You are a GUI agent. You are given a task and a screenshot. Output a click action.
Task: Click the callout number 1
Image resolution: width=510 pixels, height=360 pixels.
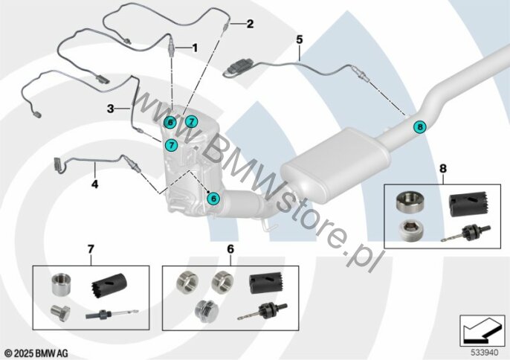(195, 48)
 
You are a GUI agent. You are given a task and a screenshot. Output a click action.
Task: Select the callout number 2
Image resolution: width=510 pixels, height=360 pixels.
(250, 24)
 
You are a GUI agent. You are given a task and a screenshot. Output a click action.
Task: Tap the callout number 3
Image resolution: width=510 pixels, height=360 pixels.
(111, 109)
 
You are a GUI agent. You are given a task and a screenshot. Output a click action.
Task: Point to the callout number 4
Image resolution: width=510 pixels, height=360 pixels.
(94, 184)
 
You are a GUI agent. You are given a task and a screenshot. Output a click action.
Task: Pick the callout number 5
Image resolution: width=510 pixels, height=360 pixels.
(299, 39)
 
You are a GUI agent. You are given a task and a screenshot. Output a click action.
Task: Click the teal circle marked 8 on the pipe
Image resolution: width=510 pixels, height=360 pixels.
(420, 126)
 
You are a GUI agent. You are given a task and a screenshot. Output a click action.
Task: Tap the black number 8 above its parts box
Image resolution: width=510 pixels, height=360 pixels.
(443, 169)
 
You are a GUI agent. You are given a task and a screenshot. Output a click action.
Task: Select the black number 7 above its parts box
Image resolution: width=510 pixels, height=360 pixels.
(91, 249)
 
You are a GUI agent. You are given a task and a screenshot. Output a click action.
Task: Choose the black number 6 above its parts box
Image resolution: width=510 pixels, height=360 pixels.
(230, 249)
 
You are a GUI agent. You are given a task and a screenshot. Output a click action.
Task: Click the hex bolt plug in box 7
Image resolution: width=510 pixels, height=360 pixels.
(60, 313)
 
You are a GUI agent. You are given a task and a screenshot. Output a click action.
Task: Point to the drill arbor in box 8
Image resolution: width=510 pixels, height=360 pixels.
(465, 234)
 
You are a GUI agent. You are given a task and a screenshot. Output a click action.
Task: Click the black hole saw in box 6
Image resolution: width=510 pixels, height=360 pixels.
(265, 283)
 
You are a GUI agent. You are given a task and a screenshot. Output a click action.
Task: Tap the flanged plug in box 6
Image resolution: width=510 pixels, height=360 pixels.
(205, 311)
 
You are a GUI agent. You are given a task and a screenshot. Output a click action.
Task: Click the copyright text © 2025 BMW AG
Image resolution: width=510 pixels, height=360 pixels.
(36, 353)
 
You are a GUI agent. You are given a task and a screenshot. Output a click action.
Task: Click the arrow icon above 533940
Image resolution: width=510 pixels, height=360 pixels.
(482, 331)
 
